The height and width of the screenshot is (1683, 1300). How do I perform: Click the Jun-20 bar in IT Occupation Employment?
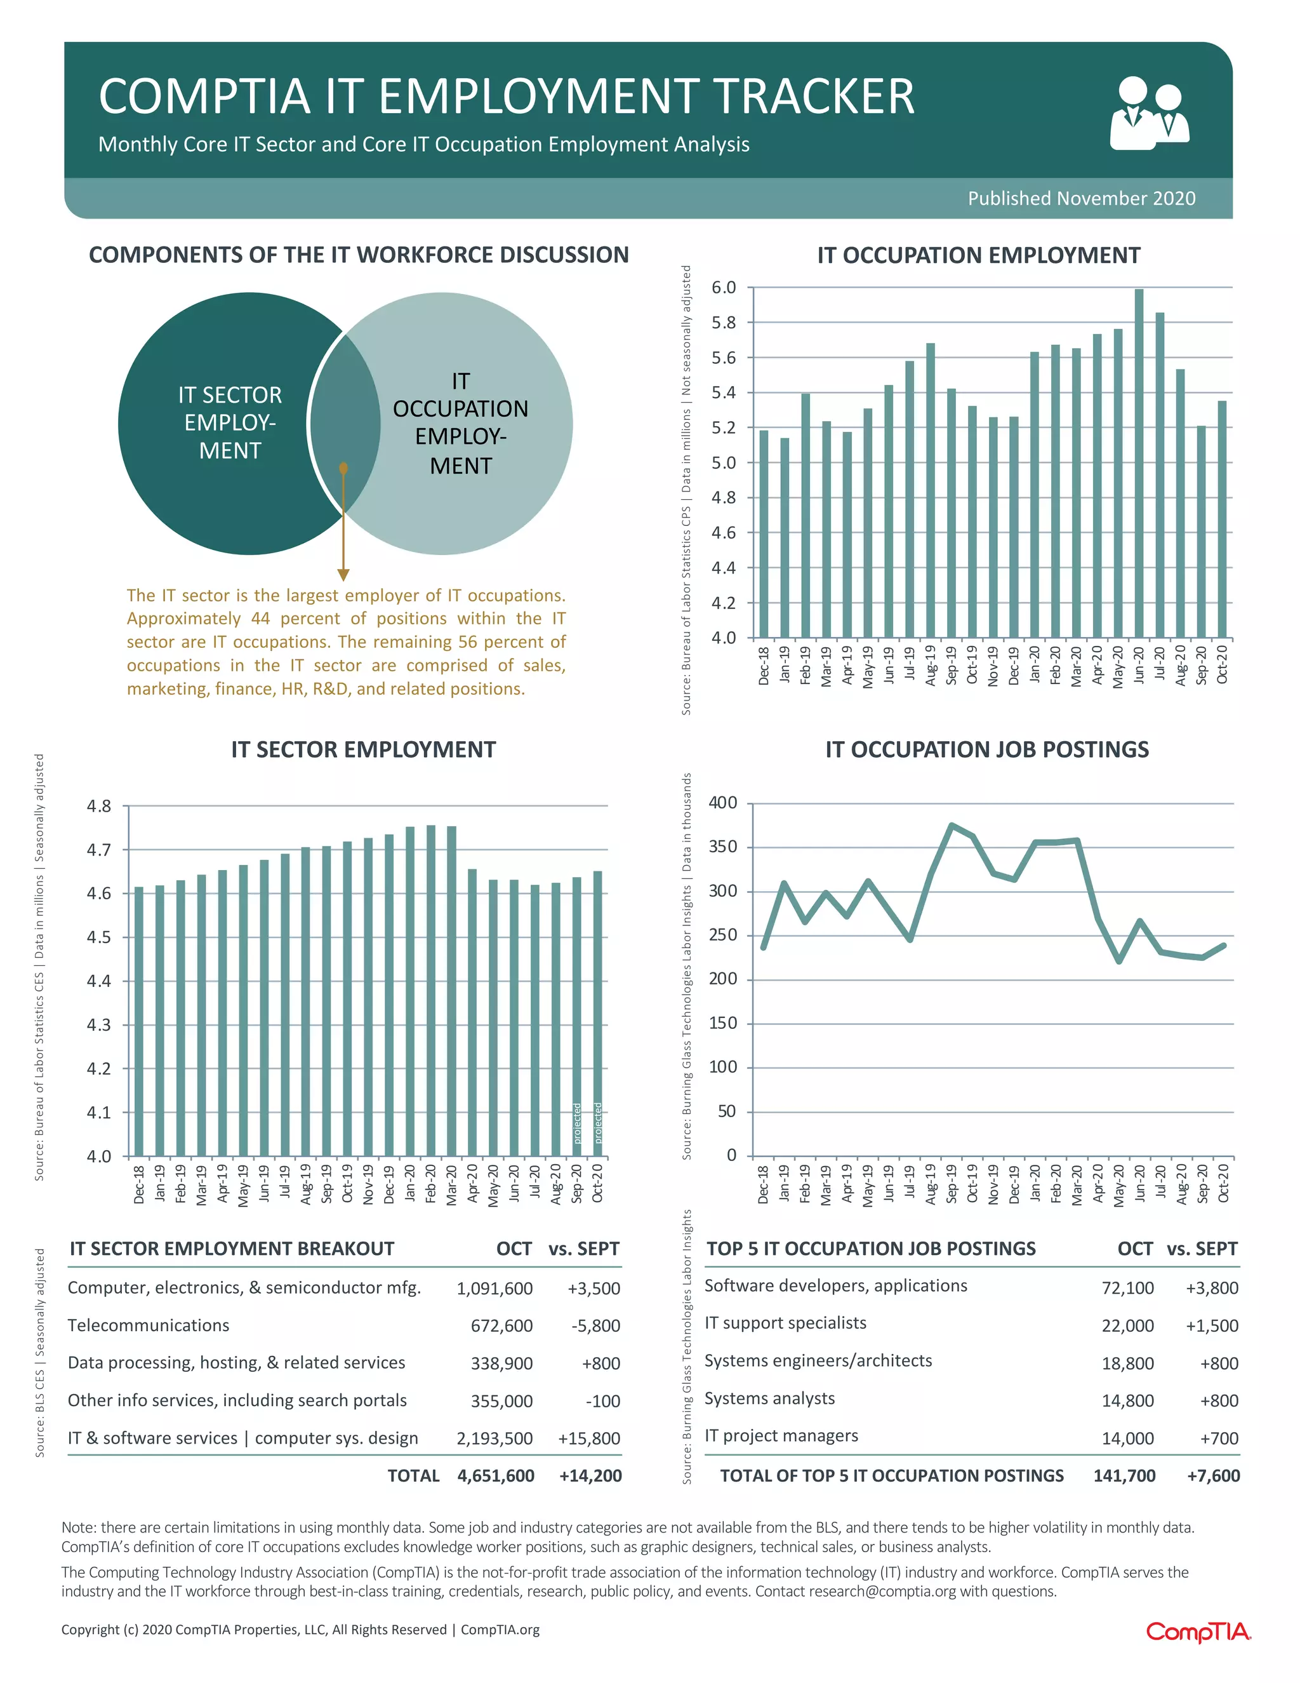(1139, 462)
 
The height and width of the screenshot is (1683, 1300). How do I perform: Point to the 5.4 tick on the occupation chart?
(723, 393)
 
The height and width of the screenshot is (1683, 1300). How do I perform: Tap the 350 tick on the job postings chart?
(723, 847)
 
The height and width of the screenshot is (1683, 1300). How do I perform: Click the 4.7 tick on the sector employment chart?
(98, 850)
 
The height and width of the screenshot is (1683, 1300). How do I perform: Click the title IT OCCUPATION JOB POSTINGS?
(986, 750)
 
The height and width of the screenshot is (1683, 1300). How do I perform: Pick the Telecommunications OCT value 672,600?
(501, 1325)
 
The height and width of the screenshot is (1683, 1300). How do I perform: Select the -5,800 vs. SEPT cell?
(595, 1325)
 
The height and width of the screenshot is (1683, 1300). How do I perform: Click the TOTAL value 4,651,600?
(495, 1476)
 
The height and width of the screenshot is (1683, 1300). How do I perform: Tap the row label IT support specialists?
(785, 1323)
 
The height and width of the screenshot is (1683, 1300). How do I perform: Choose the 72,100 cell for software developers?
(1127, 1288)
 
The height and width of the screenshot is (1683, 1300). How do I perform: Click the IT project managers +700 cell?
(1220, 1438)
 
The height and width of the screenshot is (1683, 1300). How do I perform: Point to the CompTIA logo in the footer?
(1198, 1632)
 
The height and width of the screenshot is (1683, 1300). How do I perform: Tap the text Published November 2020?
(1081, 199)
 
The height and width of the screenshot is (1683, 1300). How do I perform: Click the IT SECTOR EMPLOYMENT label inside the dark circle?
(230, 422)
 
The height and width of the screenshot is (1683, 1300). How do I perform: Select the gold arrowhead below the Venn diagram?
(343, 575)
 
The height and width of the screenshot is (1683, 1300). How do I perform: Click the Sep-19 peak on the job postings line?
(952, 826)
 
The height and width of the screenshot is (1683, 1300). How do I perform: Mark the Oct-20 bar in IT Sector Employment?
(597, 1014)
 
